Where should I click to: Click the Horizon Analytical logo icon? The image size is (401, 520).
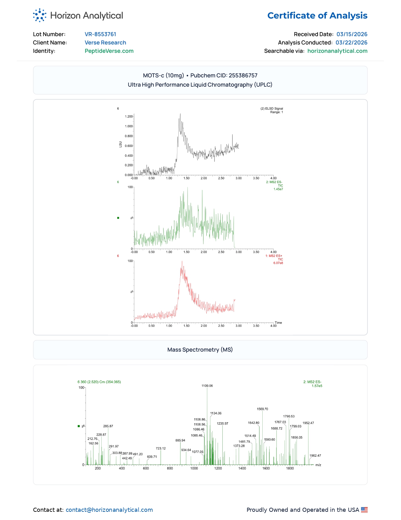tap(40, 15)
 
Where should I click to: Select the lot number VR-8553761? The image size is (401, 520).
tap(100, 34)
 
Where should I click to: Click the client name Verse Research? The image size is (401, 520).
tap(105, 43)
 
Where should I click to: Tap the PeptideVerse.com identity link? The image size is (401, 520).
tap(109, 51)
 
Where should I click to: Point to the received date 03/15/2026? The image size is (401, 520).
tap(352, 34)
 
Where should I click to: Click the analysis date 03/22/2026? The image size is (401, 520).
tap(351, 43)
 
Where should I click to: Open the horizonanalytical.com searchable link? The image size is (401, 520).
tap(337, 51)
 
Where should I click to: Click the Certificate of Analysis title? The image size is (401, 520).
tap(317, 15)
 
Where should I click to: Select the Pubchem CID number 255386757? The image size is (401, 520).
tap(243, 75)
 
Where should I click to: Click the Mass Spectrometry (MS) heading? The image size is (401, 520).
tap(200, 350)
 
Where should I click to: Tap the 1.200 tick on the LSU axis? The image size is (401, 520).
tap(129, 117)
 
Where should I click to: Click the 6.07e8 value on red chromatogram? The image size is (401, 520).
tap(278, 263)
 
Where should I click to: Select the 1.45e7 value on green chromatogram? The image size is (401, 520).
tap(278, 189)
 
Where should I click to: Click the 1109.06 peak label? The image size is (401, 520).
tap(207, 386)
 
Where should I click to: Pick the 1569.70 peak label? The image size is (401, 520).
tap(262, 409)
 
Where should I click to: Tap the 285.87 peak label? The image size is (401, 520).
tap(108, 426)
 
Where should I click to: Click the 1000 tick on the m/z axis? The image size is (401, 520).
tap(194, 468)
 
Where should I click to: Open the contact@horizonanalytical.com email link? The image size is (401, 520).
tap(109, 510)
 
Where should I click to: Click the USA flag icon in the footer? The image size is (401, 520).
tap(364, 510)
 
